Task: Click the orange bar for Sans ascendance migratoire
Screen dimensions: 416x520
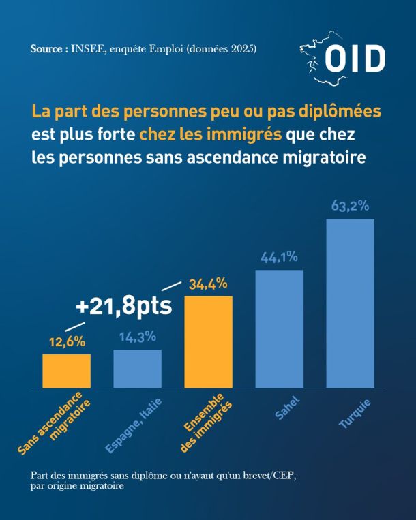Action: (66, 371)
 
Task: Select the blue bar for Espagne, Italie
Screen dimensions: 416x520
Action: (137, 369)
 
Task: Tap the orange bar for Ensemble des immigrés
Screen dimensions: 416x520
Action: (208, 342)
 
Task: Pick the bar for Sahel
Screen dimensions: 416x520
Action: (280, 328)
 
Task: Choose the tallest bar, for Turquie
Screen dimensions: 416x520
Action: (351, 303)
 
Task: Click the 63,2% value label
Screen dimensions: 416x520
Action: (350, 206)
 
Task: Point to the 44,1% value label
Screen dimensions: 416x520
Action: (279, 258)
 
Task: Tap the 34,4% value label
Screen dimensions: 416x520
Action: (208, 284)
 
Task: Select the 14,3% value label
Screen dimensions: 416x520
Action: (137, 337)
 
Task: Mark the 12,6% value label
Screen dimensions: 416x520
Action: (68, 342)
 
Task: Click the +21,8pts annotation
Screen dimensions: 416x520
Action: (123, 306)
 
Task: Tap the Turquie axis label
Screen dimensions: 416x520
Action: (355, 413)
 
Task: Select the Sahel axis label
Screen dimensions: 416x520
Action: (287, 408)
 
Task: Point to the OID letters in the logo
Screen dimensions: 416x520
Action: (355, 59)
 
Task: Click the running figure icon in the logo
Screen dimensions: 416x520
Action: (312, 64)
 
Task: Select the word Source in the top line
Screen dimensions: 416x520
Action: (46, 49)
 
